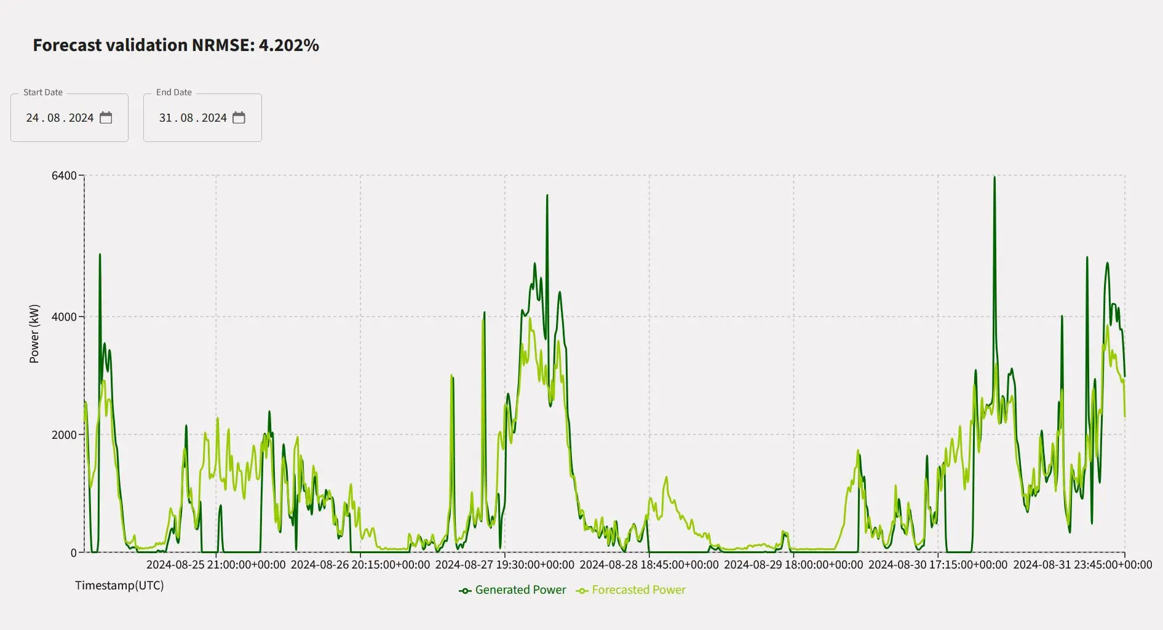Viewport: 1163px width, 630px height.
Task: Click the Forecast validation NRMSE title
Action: tap(143, 45)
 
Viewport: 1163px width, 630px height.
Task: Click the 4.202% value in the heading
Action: tap(288, 45)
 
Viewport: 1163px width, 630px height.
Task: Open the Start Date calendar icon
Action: tap(106, 117)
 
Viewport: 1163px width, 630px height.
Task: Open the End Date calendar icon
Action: tap(239, 117)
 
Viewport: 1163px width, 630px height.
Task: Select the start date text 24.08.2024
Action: tap(60, 118)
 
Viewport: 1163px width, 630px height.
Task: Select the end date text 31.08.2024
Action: tap(193, 118)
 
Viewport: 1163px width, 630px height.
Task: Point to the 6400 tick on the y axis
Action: tap(64, 176)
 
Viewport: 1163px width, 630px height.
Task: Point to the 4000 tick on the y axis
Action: tap(64, 317)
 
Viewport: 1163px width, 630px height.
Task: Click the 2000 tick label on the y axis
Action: tap(64, 435)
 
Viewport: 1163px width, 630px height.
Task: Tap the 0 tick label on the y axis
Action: tap(74, 553)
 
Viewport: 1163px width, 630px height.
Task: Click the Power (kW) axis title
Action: tap(34, 334)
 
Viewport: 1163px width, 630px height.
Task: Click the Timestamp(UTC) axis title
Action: tap(119, 585)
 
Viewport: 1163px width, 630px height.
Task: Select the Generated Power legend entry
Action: tap(513, 590)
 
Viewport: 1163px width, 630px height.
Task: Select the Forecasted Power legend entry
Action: tap(631, 590)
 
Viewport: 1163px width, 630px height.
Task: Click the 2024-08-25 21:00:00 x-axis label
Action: tap(216, 565)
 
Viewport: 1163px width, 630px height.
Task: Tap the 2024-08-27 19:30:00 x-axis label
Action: tap(505, 565)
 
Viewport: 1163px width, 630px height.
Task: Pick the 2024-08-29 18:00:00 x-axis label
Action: tap(793, 565)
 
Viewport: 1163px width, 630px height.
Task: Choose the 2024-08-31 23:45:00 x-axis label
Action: tap(1082, 565)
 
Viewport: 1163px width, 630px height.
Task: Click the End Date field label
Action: tap(174, 92)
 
